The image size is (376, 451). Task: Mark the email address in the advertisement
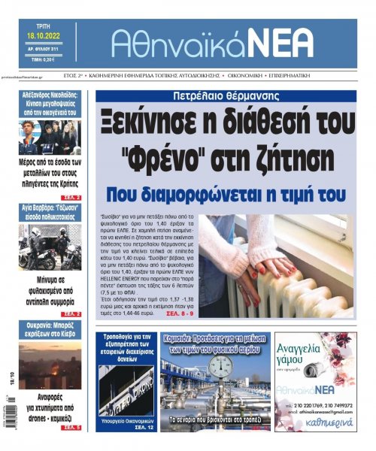point(323,413)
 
